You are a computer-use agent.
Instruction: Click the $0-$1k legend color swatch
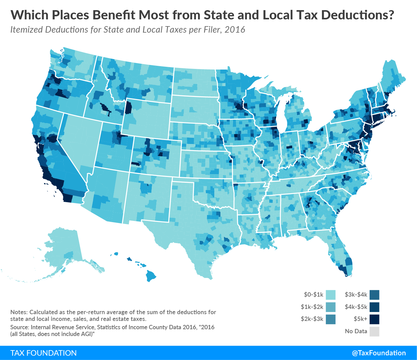tap(331, 295)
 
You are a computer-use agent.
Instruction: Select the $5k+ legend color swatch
tap(374, 319)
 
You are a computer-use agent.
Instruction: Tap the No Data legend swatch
tap(374, 332)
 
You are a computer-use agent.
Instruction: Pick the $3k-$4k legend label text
tap(356, 295)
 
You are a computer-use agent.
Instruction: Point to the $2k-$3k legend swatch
tap(331, 319)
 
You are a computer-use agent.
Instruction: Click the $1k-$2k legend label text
tap(312, 307)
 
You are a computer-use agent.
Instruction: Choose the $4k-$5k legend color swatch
tap(374, 307)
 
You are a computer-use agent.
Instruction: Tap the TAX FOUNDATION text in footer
tap(43, 353)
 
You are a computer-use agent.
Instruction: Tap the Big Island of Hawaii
tap(151, 276)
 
